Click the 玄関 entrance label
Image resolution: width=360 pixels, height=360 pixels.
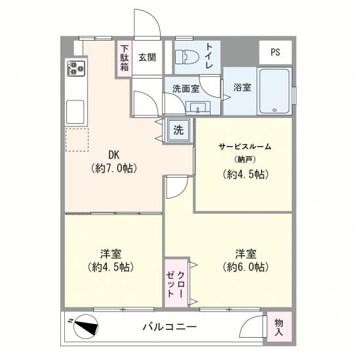(147, 58)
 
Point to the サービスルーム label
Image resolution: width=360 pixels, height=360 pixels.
(245, 146)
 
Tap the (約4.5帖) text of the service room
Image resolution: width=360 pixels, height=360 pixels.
(245, 174)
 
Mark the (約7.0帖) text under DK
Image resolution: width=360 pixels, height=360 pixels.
(114, 169)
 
